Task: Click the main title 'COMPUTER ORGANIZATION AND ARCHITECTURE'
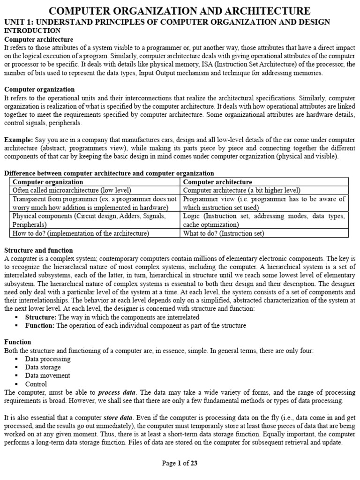tap(180, 11)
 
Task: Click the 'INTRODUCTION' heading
tap(32, 30)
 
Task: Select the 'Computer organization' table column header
tap(48, 182)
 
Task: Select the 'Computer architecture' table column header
tap(217, 182)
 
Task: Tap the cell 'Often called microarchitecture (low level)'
tap(72, 190)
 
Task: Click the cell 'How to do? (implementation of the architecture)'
tap(81, 233)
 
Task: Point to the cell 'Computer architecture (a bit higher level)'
tap(241, 190)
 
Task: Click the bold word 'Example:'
tap(18, 140)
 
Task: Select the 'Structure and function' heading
tap(38, 250)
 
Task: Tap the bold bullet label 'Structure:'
tap(41, 317)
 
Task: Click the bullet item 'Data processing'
tap(48, 359)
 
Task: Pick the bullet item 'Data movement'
tap(48, 375)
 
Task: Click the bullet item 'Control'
tap(37, 384)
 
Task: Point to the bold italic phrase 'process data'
tap(117, 392)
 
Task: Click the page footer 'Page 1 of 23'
tap(180, 464)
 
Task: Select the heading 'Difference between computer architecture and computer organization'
tap(109, 173)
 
